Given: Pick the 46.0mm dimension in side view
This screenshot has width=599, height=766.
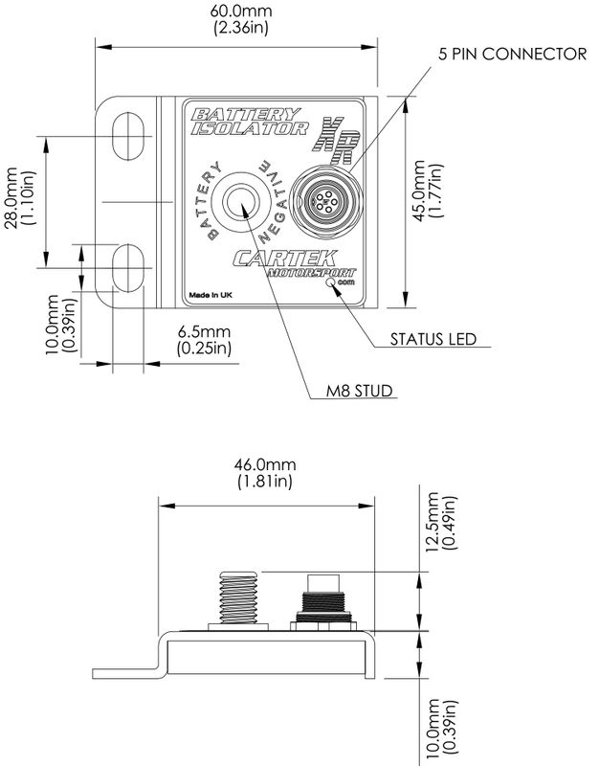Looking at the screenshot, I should click(265, 474).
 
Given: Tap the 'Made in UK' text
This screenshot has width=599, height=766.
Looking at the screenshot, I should click(211, 296).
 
